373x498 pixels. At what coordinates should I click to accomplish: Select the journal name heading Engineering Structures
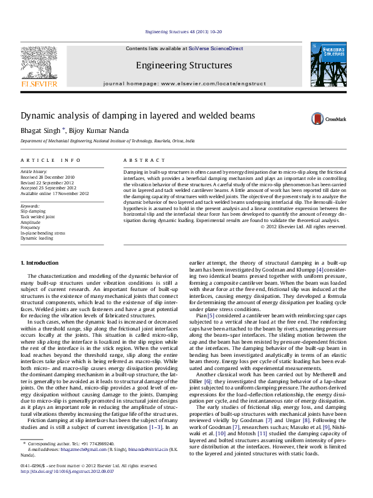pos(184,65)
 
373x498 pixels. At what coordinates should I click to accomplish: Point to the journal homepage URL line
pos(184,83)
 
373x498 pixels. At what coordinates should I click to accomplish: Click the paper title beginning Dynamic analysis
pos(129,116)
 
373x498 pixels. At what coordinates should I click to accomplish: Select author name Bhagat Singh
pos(40,130)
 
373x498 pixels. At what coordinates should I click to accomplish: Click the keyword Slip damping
pos(33,212)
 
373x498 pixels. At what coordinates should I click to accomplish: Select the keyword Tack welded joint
pos(38,217)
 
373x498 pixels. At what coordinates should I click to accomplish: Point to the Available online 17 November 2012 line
pos(55,194)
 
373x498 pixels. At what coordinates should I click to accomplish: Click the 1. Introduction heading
pos(40,262)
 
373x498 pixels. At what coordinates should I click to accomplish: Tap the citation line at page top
pos(184,31)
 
